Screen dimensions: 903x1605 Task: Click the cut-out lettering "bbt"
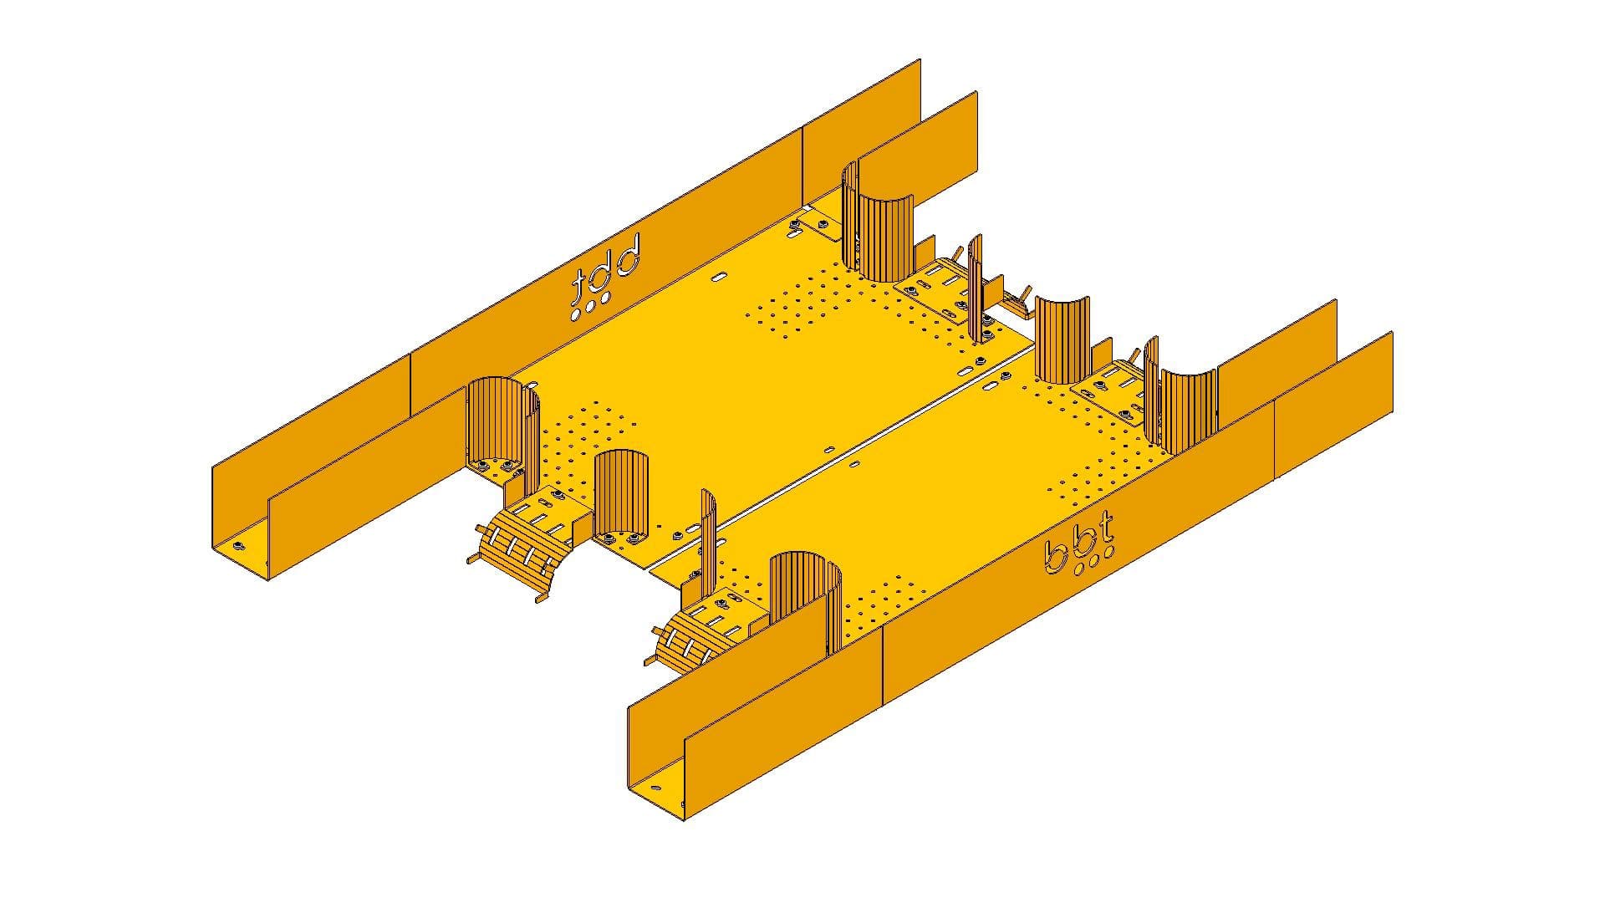click(x=1079, y=548)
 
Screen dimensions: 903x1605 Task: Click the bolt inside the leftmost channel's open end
click(x=238, y=546)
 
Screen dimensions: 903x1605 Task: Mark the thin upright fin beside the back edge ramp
click(x=976, y=288)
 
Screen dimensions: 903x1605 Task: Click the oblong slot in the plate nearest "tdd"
click(x=720, y=275)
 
